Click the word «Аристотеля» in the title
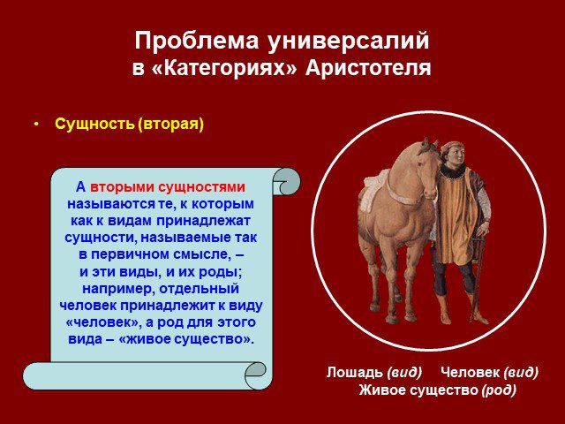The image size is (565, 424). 368,68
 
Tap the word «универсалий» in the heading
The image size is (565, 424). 348,41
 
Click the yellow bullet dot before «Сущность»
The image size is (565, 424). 35,125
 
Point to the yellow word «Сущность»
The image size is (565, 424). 94,124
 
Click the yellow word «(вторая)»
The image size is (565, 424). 170,124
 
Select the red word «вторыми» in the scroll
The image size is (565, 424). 122,187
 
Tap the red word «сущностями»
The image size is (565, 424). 202,187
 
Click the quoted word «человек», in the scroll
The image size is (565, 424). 104,322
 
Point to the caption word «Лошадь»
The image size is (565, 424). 355,372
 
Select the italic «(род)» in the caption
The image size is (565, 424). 499,390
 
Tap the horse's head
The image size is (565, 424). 427,170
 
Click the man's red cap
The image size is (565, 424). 452,145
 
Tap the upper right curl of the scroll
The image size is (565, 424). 286,181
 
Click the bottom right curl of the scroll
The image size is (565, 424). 255,375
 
